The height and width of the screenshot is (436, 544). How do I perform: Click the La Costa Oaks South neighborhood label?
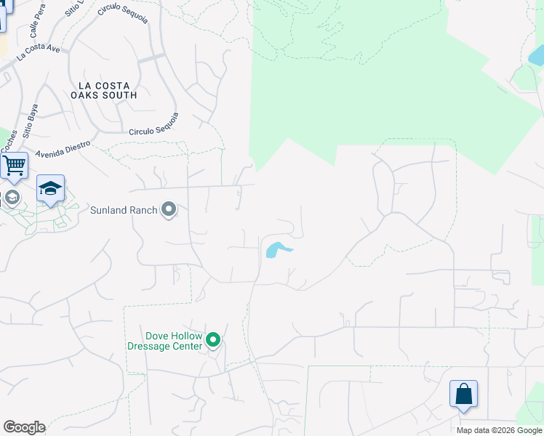point(104,90)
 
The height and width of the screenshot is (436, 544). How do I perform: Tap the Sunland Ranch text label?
point(124,211)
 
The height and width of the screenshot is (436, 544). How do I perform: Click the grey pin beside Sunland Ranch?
point(169,210)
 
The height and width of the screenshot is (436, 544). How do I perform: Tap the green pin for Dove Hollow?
point(213,339)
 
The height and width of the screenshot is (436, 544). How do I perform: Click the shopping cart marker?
point(14,166)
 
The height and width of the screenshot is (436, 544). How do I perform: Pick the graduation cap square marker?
point(50,188)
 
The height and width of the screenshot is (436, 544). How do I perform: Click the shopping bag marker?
point(463,395)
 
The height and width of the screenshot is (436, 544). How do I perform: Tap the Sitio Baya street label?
point(31,121)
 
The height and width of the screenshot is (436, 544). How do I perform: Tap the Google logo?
point(24,427)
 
